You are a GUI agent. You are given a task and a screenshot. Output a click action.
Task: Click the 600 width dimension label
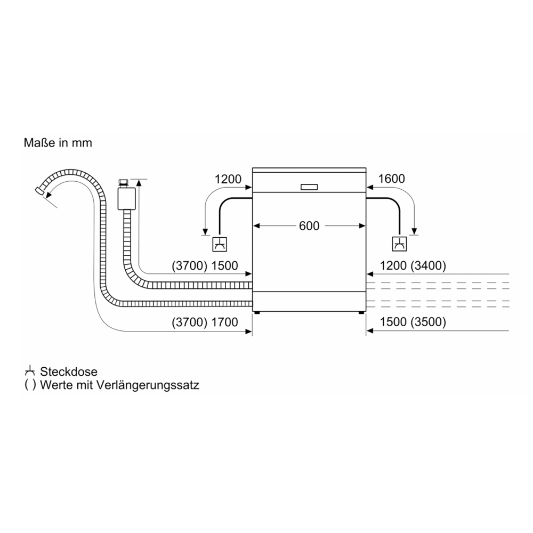pos(309,226)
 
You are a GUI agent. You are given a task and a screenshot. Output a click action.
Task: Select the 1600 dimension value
pos(391,179)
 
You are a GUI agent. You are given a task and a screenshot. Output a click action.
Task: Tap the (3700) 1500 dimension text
pos(205,265)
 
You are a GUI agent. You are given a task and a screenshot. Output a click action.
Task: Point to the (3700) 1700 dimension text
pos(205,322)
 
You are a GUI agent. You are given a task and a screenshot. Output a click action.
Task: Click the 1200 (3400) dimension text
pos(413,265)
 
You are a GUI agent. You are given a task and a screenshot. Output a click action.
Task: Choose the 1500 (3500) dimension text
pos(413,322)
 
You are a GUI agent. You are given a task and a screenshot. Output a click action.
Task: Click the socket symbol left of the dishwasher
pos(220,244)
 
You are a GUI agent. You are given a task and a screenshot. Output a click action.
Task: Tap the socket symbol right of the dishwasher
pos(399,244)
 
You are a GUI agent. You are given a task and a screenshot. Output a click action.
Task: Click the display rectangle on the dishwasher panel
pos(309,187)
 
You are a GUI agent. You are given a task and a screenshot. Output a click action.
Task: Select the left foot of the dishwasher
pos(257,312)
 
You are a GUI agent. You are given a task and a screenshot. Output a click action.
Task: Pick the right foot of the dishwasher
pos(361,312)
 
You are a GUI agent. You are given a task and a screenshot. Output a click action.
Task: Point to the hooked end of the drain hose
pos(40,191)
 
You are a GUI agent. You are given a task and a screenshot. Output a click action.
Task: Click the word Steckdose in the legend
pos(69,372)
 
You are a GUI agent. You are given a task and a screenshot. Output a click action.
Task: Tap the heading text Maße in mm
pos(58,143)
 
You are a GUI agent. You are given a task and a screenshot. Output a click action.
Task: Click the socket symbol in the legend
pos(30,371)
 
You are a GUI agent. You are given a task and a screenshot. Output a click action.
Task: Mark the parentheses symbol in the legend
pos(30,385)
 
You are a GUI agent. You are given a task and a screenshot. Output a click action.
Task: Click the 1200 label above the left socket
pos(228,179)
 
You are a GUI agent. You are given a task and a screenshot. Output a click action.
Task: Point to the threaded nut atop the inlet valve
pos(123,182)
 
